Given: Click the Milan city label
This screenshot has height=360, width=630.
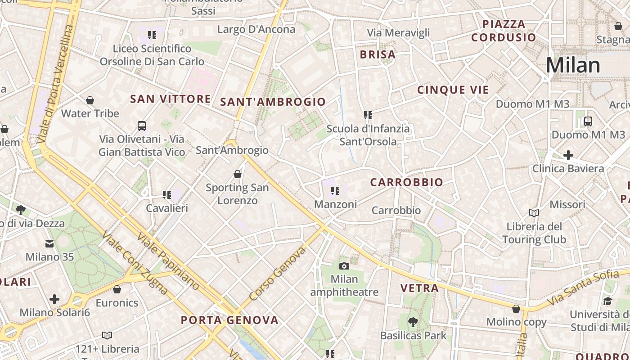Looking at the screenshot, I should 573,65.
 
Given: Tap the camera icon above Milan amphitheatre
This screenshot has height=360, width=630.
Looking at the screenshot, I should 344,266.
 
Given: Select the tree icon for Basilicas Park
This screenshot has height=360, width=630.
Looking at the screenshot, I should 413,322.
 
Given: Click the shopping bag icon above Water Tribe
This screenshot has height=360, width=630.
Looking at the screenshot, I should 90,100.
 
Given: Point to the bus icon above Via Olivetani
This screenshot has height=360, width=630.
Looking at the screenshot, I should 142,126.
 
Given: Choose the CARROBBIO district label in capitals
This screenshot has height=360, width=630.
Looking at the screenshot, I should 406,182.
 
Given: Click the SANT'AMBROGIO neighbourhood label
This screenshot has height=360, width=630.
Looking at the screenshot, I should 273,102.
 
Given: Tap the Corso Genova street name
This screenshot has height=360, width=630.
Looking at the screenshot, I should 277,274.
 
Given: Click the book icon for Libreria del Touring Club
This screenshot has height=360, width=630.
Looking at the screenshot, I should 534,213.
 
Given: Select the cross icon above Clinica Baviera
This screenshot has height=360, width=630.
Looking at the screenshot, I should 568,156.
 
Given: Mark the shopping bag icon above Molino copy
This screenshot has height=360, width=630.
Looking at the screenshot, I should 516,309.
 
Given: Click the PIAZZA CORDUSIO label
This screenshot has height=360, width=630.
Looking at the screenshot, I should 504,31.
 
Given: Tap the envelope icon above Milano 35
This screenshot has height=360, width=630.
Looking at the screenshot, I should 49,244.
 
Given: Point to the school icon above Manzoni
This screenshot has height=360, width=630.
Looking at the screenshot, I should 335,191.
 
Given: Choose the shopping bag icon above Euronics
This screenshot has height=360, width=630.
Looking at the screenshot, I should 117,289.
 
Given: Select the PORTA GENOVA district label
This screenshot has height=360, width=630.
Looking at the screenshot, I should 229,320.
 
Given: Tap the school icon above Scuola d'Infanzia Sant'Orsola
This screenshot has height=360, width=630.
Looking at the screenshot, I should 368,116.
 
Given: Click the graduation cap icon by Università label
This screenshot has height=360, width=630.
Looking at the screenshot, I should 607,301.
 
